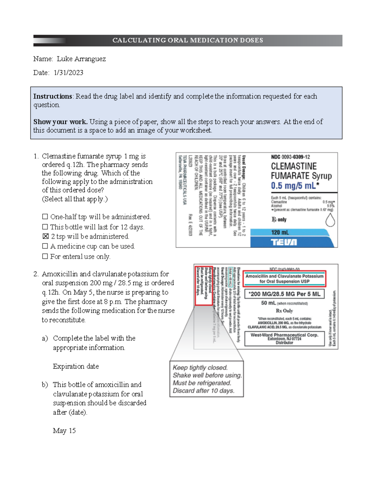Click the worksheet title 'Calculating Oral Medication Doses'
click(x=188, y=40)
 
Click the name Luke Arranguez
click(x=81, y=59)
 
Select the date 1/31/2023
click(x=69, y=73)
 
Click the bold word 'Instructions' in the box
click(x=53, y=96)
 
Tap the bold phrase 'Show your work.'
click(x=60, y=122)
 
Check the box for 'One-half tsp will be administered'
click(x=45, y=217)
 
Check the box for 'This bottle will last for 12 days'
click(x=45, y=227)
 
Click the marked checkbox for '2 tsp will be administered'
click(x=45, y=236)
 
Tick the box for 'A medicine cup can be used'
click(x=45, y=246)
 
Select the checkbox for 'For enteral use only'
click(x=45, y=256)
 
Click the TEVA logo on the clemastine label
click(x=284, y=242)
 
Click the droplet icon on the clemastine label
click(x=330, y=220)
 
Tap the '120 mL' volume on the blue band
click(x=280, y=232)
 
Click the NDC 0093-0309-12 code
click(x=290, y=157)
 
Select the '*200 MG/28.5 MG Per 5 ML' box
click(x=284, y=294)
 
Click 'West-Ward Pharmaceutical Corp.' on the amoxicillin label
click(x=284, y=335)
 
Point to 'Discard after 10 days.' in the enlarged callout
click(x=203, y=390)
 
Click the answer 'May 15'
click(x=64, y=431)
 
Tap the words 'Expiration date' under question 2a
click(x=76, y=366)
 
